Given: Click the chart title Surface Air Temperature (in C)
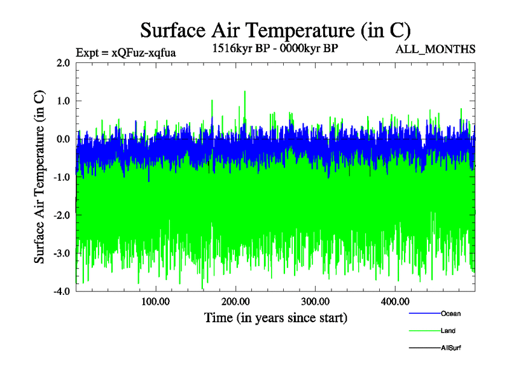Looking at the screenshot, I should (x=275, y=30).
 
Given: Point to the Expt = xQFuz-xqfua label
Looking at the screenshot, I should (x=125, y=52).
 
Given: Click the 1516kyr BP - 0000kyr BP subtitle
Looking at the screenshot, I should (x=274, y=48).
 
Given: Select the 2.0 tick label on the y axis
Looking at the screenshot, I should (x=62, y=63).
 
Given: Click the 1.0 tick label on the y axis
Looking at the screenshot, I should (x=62, y=101).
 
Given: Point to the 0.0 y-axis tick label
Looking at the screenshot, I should (x=62, y=139).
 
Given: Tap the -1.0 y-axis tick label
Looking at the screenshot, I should (x=61, y=177).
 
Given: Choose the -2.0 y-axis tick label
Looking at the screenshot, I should (x=61, y=215).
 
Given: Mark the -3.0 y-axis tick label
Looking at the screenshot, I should (x=61, y=253).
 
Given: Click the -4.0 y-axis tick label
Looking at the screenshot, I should (x=61, y=291).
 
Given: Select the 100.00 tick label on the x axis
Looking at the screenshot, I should (x=155, y=301).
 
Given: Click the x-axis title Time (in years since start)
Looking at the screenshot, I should (x=275, y=317).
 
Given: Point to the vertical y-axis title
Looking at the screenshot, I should (x=39, y=177).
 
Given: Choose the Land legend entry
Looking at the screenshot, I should (x=448, y=330).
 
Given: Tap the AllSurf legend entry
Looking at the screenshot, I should (x=450, y=348).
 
